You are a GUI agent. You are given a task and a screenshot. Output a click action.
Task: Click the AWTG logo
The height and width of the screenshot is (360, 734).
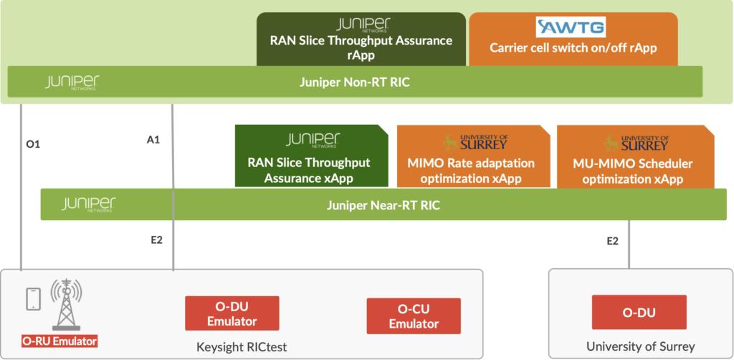click(571, 28)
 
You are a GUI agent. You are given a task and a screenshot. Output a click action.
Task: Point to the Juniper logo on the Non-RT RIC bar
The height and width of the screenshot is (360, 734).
click(71, 82)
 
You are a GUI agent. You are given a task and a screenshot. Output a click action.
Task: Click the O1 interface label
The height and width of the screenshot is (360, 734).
click(33, 144)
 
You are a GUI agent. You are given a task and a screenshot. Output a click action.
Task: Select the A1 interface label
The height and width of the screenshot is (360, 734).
click(153, 140)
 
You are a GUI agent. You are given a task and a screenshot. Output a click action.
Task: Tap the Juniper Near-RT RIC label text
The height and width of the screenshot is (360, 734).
click(383, 205)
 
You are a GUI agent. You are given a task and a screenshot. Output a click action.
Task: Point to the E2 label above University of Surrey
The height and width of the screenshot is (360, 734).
click(612, 241)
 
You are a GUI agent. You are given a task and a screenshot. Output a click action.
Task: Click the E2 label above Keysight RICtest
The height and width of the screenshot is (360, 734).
click(156, 240)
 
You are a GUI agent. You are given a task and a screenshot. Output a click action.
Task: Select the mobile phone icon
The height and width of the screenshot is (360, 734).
click(32, 299)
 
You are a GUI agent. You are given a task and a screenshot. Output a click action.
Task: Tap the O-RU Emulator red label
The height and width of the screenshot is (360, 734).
click(59, 340)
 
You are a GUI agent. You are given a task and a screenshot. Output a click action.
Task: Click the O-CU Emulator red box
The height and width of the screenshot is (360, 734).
click(413, 316)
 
